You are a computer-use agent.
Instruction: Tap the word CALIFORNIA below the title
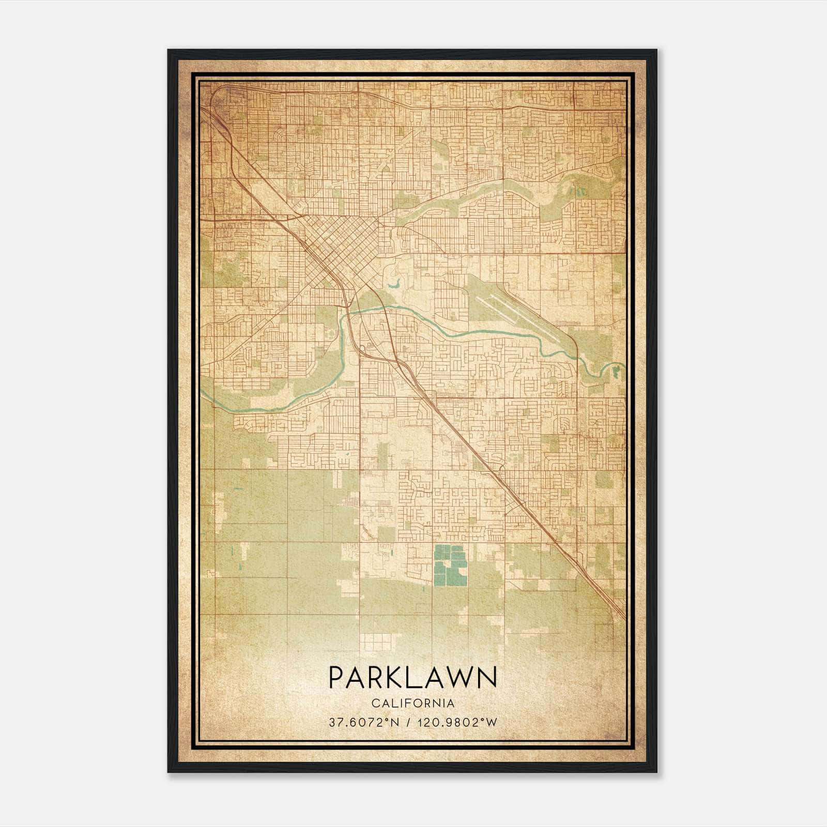(412, 703)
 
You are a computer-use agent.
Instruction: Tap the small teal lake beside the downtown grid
(395, 284)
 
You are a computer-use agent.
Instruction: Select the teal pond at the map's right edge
(616, 369)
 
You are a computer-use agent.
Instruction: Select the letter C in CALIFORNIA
(373, 703)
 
